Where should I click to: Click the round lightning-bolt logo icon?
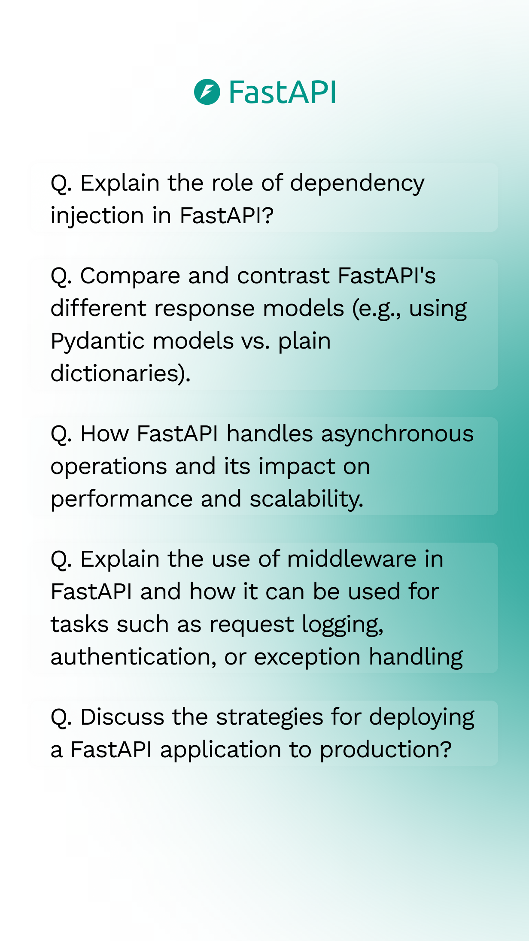click(207, 92)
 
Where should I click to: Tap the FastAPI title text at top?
click(282, 92)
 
